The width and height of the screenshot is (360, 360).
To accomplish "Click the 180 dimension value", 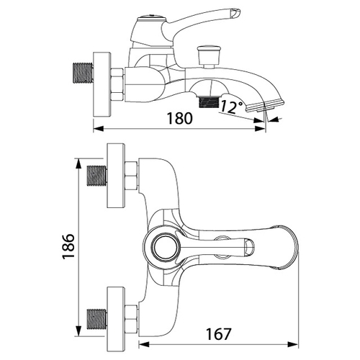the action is coord(180,118).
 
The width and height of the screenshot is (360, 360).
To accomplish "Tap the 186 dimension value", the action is coord(68,246).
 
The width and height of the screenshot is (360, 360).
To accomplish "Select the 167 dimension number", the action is coord(218,333).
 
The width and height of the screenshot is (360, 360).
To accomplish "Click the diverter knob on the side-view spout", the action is coord(208,56).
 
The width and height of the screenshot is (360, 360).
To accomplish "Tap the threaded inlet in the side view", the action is coord(83,73).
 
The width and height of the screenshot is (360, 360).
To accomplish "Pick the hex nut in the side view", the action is coord(117,84).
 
